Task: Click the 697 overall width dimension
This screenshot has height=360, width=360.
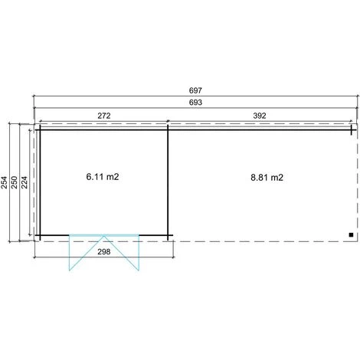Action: point(195,90)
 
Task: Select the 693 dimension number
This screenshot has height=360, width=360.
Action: point(195,103)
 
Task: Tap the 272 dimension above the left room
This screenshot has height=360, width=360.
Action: point(104,116)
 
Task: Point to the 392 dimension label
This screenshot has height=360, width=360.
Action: point(260,116)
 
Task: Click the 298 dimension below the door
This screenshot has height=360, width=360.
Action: point(104,252)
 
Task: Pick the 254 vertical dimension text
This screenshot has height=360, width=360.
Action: point(4,182)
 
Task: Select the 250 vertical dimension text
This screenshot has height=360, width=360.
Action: point(15,182)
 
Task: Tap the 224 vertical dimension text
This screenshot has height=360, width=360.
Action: point(25,182)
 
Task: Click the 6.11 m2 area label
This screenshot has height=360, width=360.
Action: point(103,177)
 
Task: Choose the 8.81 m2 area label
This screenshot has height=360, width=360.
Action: point(267,178)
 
